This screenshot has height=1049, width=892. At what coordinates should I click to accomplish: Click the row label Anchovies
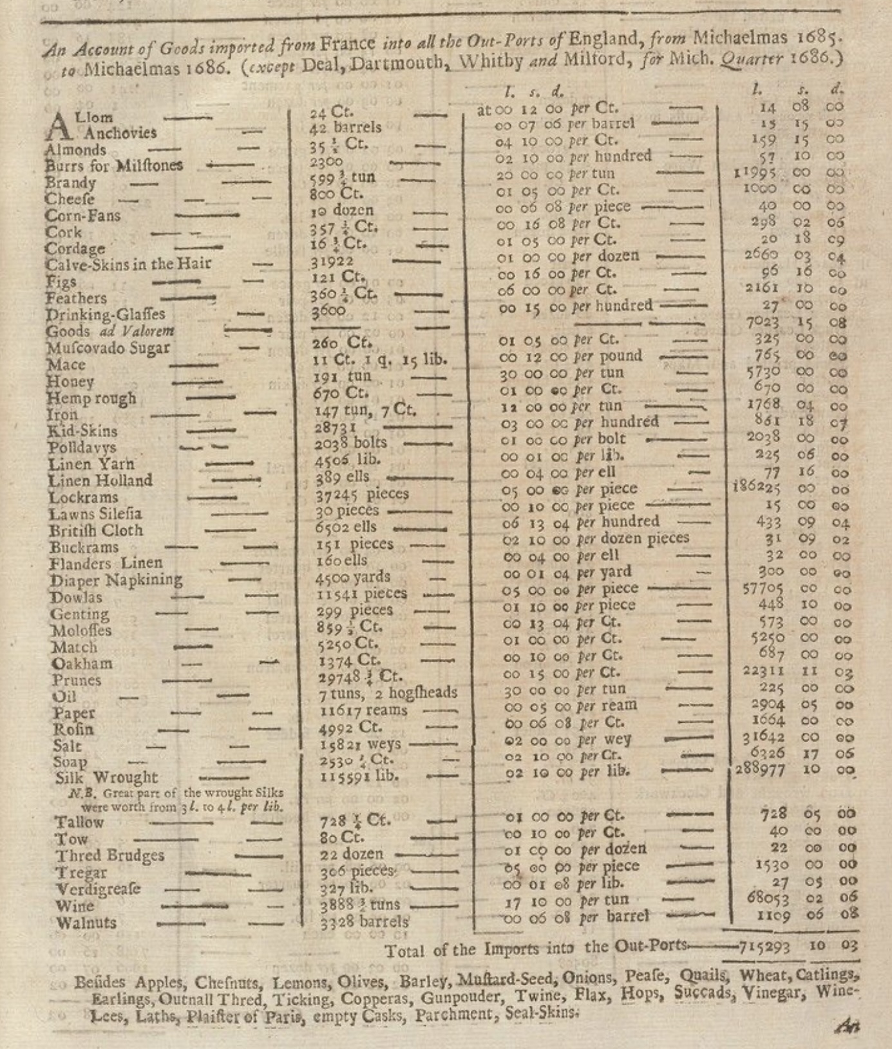pyautogui.click(x=119, y=133)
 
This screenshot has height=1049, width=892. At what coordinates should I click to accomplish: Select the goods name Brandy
pyautogui.click(x=70, y=182)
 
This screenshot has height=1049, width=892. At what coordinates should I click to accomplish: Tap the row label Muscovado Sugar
pyautogui.click(x=108, y=348)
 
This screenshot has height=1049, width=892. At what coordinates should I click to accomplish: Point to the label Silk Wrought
pyautogui.click(x=106, y=777)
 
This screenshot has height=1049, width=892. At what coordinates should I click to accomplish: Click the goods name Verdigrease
pyautogui.click(x=98, y=889)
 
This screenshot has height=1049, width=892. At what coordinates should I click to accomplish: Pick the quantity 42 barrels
pyautogui.click(x=345, y=127)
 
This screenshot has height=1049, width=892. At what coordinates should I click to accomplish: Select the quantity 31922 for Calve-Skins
pyautogui.click(x=332, y=261)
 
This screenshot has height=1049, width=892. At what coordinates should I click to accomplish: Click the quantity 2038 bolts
pyautogui.click(x=350, y=443)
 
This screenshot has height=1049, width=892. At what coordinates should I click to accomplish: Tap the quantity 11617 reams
pyautogui.click(x=363, y=710)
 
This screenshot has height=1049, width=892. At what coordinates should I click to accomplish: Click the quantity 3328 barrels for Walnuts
pyautogui.click(x=365, y=922)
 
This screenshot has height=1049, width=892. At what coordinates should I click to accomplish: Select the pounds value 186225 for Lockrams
pyautogui.click(x=757, y=488)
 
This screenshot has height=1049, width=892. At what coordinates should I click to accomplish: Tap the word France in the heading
pyautogui.click(x=347, y=44)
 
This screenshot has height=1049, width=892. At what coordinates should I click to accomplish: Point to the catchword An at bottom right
pyautogui.click(x=848, y=1026)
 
